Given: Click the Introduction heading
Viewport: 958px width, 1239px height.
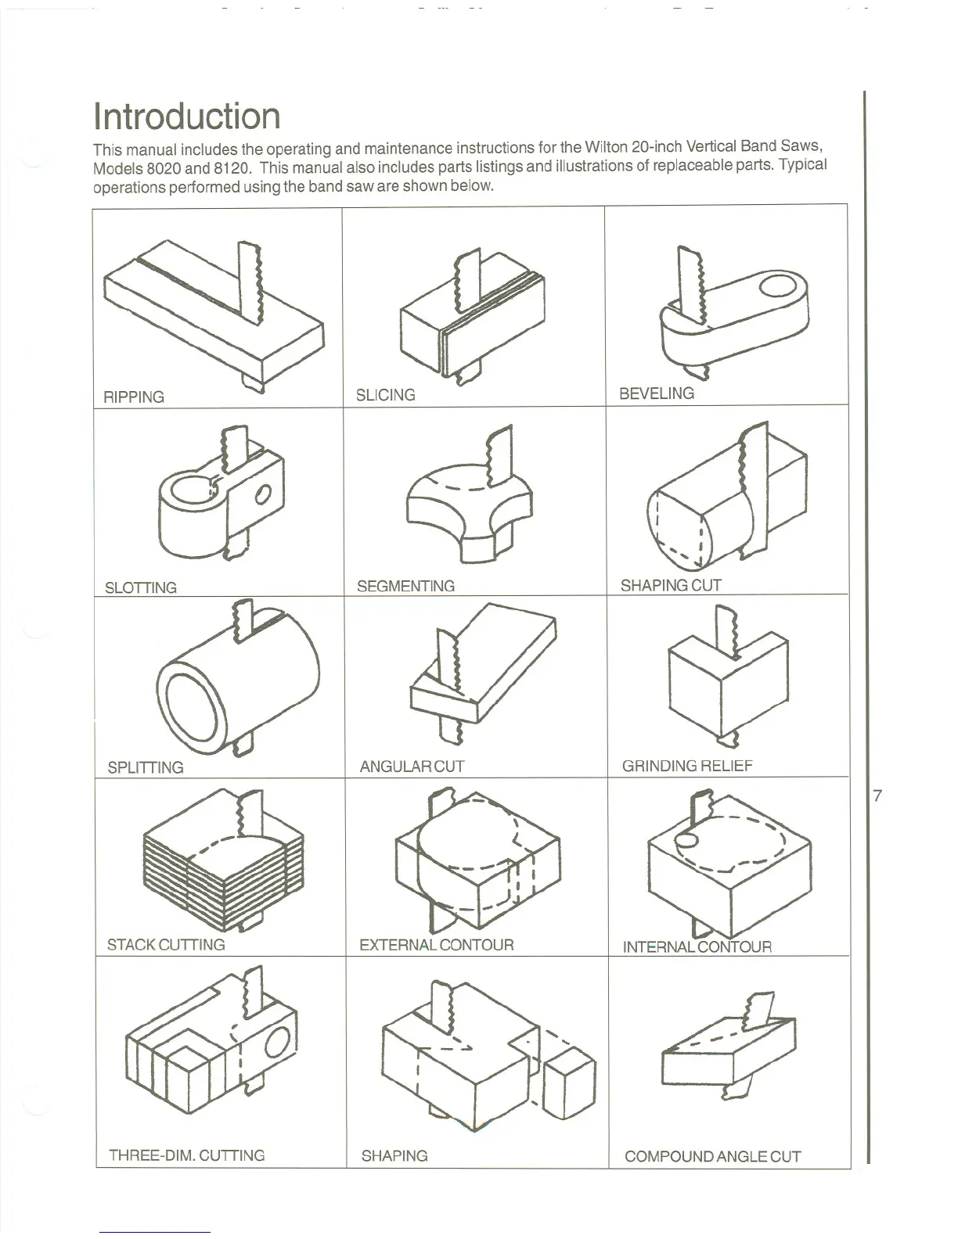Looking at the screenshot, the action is point(186,116).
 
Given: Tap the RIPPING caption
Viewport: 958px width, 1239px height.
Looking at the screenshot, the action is point(134,397).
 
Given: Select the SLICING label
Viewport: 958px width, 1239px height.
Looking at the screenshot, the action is point(385,395).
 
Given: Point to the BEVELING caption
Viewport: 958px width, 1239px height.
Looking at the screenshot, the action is point(656,393).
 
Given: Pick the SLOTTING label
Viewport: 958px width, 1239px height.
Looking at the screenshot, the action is point(141,587).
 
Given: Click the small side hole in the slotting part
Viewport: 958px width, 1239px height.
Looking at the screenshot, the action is point(263,494).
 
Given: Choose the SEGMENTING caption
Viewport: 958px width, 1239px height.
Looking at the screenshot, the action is point(405,586).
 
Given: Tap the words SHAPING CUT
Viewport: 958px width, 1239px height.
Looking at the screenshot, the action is point(671,585).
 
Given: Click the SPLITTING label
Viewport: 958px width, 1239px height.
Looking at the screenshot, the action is point(146,767).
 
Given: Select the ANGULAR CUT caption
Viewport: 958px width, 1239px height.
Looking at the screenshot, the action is point(412,767).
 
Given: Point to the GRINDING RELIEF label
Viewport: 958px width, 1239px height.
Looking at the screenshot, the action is point(687,766).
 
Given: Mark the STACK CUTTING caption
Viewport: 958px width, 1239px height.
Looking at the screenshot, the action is point(166,944).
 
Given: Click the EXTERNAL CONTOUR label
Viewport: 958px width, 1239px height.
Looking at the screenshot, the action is point(436,944).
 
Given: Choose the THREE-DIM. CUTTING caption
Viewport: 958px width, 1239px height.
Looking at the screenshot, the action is point(186,1155).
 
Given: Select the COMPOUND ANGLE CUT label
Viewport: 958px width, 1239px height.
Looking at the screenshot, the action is point(712,1156).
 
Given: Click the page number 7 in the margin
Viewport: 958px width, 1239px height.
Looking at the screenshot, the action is point(877,796).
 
